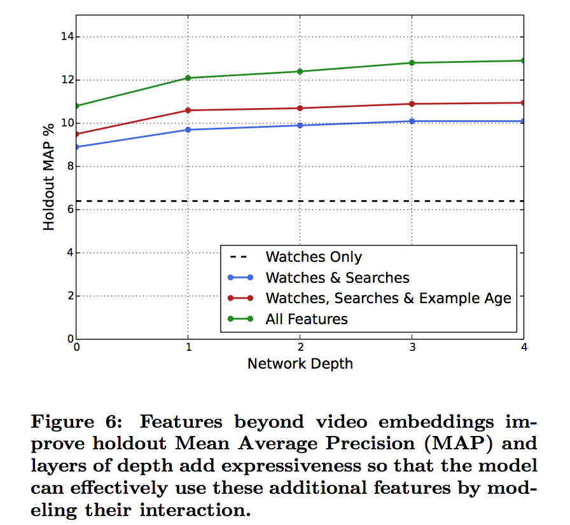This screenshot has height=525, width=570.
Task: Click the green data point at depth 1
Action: pos(188,78)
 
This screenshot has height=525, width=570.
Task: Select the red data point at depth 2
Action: pos(300,108)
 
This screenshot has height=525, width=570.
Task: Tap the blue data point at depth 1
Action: pos(188,130)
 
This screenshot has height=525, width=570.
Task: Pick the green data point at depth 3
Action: pos(412,63)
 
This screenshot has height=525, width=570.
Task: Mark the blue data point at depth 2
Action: pos(300,125)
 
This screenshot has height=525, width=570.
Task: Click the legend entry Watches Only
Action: pos(314,257)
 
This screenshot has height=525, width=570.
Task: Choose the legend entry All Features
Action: pos(307,318)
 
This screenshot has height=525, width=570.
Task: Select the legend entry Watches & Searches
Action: pos(337,278)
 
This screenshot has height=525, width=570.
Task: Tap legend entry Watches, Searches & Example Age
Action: pos(388,298)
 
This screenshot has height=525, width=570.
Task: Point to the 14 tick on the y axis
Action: pos(67,37)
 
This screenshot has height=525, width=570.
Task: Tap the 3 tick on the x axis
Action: pos(412,348)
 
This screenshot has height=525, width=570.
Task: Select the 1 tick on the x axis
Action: pos(188,348)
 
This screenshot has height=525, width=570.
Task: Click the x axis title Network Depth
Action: pos(300,364)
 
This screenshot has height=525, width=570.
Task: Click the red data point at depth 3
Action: pos(412,104)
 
